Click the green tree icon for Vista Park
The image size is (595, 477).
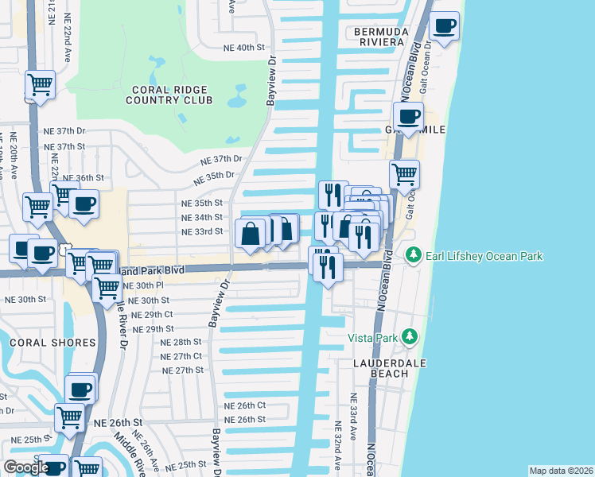coord(410,337)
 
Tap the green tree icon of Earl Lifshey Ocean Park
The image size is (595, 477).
coord(413,256)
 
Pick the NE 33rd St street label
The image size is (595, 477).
coord(202,231)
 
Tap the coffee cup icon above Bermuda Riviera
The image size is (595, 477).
coord(445,26)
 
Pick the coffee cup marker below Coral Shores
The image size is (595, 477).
coord(80,390)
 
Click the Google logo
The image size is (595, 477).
coord(26,467)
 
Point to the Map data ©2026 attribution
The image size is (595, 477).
coord(561,471)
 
